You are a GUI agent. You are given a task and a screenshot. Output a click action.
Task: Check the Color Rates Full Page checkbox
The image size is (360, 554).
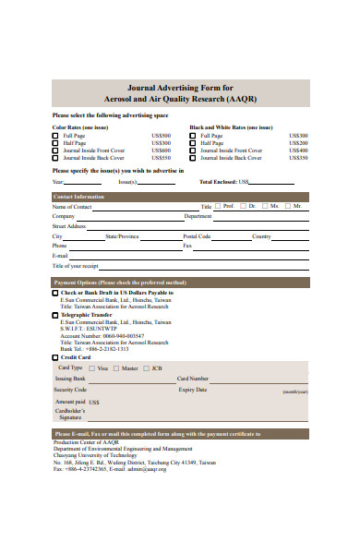click(x=55, y=136)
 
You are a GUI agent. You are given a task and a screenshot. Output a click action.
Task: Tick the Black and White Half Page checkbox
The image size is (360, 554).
click(x=193, y=143)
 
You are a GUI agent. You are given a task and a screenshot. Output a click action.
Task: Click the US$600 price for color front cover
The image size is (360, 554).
click(x=161, y=151)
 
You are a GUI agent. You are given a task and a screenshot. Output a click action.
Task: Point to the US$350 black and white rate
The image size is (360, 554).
click(x=298, y=158)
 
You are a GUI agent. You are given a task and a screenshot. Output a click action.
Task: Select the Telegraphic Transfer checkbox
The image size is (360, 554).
click(x=54, y=315)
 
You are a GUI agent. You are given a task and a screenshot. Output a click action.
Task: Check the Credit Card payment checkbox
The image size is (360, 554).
click(x=54, y=356)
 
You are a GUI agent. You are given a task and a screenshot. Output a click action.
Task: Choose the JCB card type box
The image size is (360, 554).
click(x=146, y=368)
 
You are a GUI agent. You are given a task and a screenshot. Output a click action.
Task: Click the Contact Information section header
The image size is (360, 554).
click(x=78, y=197)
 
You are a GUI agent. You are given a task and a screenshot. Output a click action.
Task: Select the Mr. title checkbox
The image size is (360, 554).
click(x=288, y=206)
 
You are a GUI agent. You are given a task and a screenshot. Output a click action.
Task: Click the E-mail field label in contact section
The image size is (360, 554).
click(x=60, y=256)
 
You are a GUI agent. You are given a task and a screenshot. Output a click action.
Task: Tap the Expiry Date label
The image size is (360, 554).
click(x=193, y=390)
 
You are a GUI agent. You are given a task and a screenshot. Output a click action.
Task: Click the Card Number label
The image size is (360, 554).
click(x=193, y=379)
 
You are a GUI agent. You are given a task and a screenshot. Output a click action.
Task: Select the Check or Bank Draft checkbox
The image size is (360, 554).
click(x=54, y=293)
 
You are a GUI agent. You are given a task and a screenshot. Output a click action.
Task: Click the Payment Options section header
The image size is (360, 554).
click(x=120, y=283)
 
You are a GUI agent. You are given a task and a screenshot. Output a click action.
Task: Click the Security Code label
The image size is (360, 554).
click(x=70, y=390)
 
